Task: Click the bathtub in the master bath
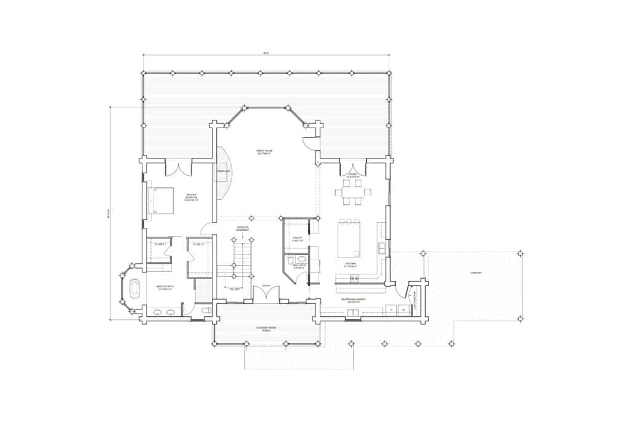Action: (134, 288)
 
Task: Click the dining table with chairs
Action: (353, 192)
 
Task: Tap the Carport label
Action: (475, 272)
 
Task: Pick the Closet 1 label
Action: (160, 245)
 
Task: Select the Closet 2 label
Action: (198, 245)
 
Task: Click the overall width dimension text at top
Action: (266, 54)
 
